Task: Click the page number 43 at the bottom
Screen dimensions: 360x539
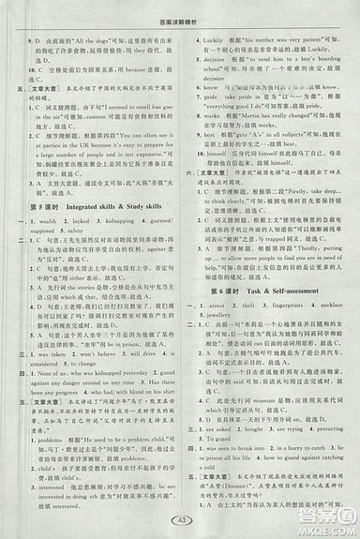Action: tap(181, 520)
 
